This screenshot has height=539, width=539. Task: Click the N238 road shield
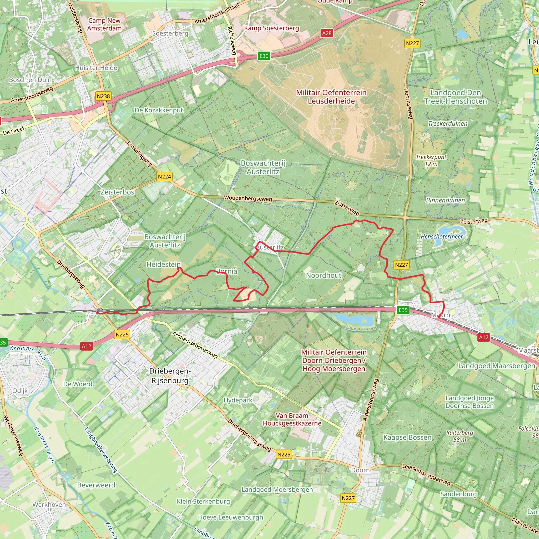click(103, 96)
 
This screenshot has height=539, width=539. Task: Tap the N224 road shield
click(164, 177)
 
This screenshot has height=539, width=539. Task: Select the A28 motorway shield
click(327, 33)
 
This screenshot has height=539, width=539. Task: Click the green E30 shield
click(264, 56)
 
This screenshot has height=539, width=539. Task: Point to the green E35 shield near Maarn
click(403, 310)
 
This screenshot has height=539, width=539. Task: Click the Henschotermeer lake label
click(442, 237)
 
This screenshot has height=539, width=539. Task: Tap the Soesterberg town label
click(170, 33)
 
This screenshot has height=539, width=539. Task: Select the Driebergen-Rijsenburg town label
click(170, 376)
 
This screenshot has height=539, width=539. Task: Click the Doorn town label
click(360, 470)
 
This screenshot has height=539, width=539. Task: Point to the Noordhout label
click(323, 275)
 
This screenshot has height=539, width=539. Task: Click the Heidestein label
click(163, 264)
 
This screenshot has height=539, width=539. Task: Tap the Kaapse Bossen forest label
click(407, 437)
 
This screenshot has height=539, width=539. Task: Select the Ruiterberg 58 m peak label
click(460, 436)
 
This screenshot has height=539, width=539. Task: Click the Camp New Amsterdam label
click(104, 24)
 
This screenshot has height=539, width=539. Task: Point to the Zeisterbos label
click(117, 192)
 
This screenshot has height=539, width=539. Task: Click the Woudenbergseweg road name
click(248, 198)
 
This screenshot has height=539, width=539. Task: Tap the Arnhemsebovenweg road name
click(194, 345)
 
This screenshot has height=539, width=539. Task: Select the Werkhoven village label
click(49, 505)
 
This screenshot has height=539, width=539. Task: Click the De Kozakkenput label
click(159, 110)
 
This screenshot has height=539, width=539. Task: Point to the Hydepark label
click(238, 400)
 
